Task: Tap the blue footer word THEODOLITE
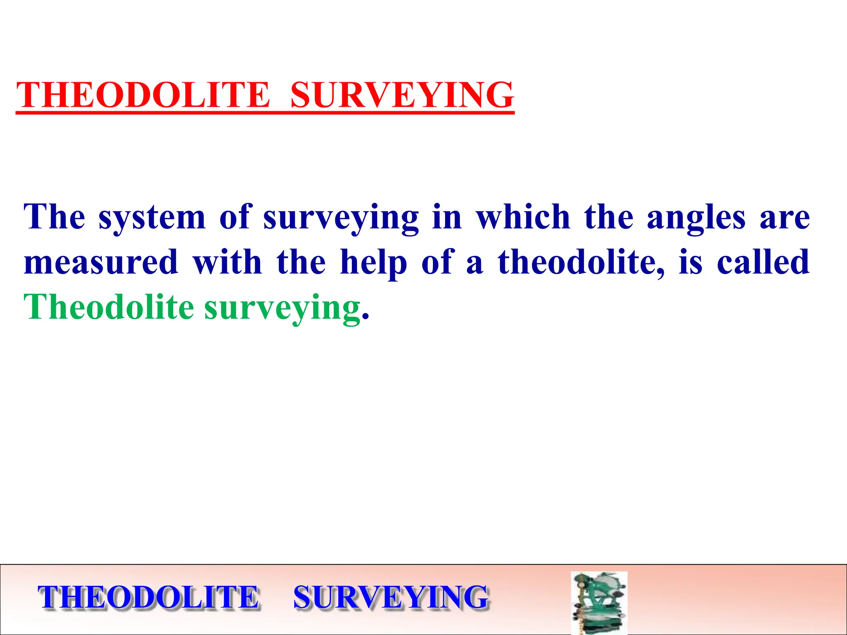[x=149, y=597]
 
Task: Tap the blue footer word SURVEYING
[x=391, y=597]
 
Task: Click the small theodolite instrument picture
[x=599, y=602]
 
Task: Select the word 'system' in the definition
[x=152, y=218]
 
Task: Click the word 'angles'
[x=696, y=218]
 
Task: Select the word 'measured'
[x=101, y=263]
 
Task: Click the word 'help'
[x=373, y=263]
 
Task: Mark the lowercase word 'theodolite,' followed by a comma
[x=581, y=263]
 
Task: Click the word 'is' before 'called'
[x=690, y=263]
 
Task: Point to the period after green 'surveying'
[x=365, y=317]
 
